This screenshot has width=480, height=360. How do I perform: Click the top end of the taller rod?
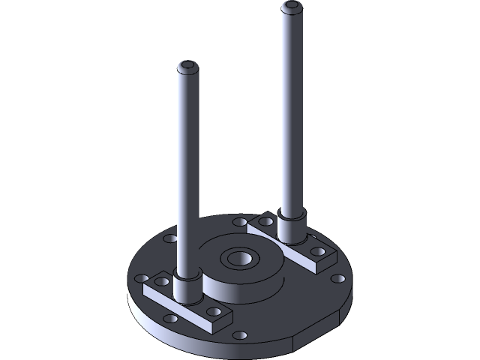pos(292,7)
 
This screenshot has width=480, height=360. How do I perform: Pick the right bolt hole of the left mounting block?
pos(214,311)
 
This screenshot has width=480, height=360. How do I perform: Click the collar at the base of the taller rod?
pos(291,226)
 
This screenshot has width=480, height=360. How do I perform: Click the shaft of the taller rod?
pos(291,112)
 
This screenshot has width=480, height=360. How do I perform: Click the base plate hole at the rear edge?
pos(239,223)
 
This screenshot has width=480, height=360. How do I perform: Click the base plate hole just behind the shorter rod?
pos(170,239)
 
